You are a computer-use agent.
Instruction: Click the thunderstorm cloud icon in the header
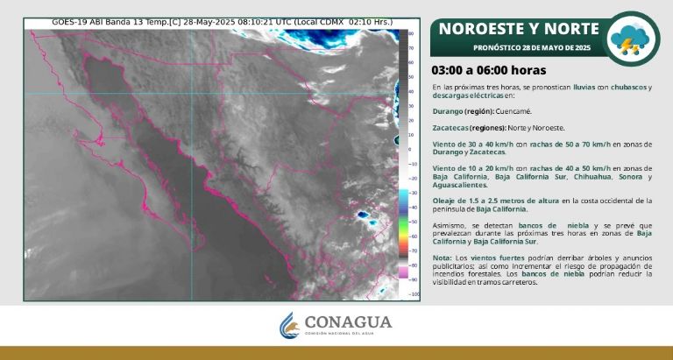[x=633, y=39]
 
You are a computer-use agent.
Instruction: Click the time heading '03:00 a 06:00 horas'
[x=489, y=70]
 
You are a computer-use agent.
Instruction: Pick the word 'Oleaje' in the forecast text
[x=445, y=201]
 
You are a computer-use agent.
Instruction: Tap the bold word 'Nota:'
[x=442, y=258]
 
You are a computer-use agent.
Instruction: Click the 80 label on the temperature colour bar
[x=411, y=33]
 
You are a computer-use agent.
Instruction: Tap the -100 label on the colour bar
[x=414, y=294]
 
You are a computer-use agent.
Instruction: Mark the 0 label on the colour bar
[x=409, y=149]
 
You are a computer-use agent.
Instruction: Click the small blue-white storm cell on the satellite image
[x=362, y=213]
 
